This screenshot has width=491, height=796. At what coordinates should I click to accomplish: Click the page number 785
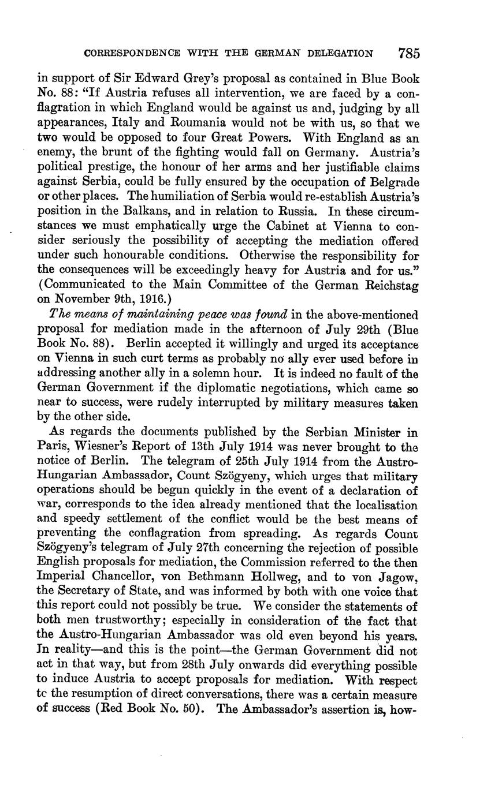click(408, 54)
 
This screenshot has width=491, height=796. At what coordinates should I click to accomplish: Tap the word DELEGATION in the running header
click(339, 54)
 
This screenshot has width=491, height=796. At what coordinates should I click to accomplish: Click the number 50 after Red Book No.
click(190, 709)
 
